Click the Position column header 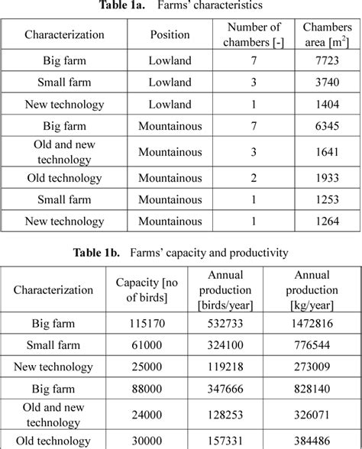(170, 34)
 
